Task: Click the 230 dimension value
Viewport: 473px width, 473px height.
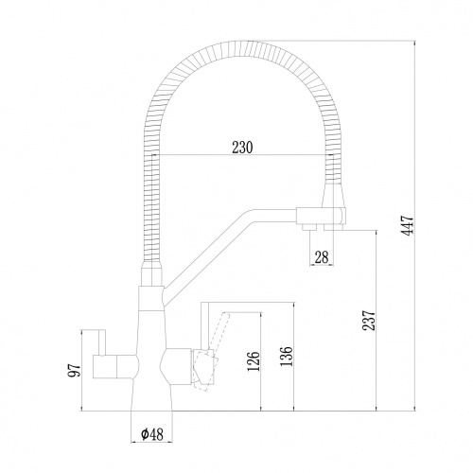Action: tap(242, 148)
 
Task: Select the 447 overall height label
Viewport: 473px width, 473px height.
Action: tap(407, 225)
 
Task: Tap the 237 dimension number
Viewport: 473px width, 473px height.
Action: tap(369, 321)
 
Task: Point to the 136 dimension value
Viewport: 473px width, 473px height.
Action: tap(287, 356)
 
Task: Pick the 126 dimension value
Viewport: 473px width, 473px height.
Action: tap(254, 361)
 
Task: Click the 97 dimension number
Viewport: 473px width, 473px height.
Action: tap(75, 370)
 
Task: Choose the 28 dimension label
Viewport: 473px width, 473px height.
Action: tap(322, 257)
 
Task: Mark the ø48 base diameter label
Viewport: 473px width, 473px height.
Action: tap(152, 434)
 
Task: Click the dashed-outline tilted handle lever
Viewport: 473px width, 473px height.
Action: tap(210, 352)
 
